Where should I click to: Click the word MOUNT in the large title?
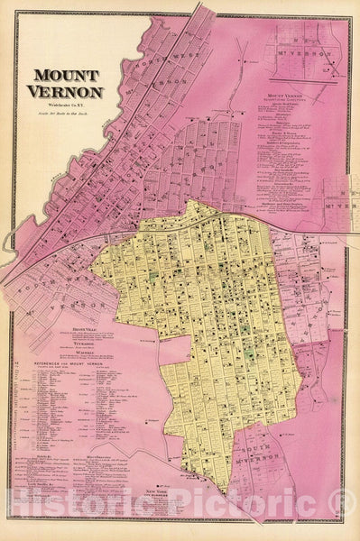(x=68, y=78)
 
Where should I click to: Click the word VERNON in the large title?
(x=68, y=92)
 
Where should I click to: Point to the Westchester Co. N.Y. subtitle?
(x=68, y=105)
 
